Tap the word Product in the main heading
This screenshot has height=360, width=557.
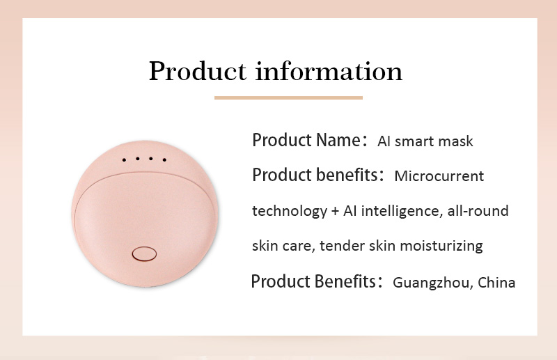(x=198, y=71)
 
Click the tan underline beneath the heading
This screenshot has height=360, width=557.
(x=288, y=97)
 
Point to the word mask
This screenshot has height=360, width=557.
(x=457, y=141)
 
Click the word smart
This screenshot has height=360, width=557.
(x=416, y=141)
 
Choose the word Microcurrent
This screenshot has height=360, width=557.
(x=439, y=176)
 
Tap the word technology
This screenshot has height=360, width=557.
(x=288, y=211)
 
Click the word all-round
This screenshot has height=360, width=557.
(x=477, y=211)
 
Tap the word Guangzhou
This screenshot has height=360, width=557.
(x=432, y=283)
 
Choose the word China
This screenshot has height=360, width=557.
(x=497, y=283)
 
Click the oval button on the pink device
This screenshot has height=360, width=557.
(x=144, y=253)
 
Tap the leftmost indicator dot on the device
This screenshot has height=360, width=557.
(x=124, y=160)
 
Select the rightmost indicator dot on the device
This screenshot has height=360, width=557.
(x=164, y=160)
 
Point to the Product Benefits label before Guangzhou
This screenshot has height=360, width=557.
(x=313, y=282)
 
